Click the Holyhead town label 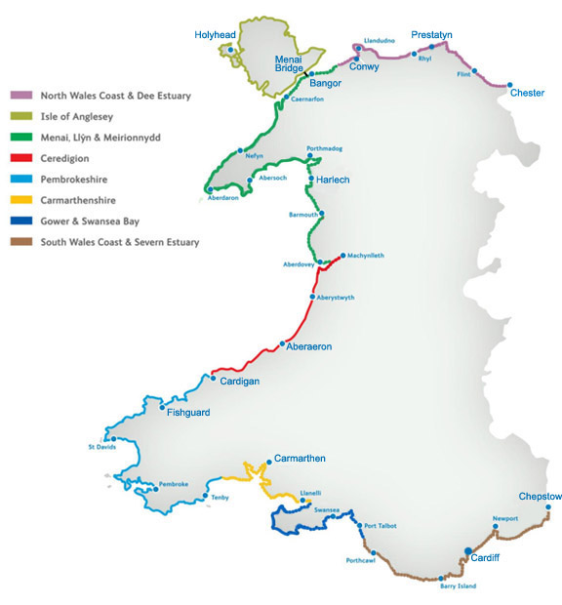click(x=216, y=34)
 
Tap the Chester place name click(x=527, y=93)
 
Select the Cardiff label click(x=485, y=559)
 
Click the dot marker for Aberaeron click(x=282, y=343)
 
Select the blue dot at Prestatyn click(x=431, y=46)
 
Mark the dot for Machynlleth click(x=343, y=256)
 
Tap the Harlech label click(x=333, y=180)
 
